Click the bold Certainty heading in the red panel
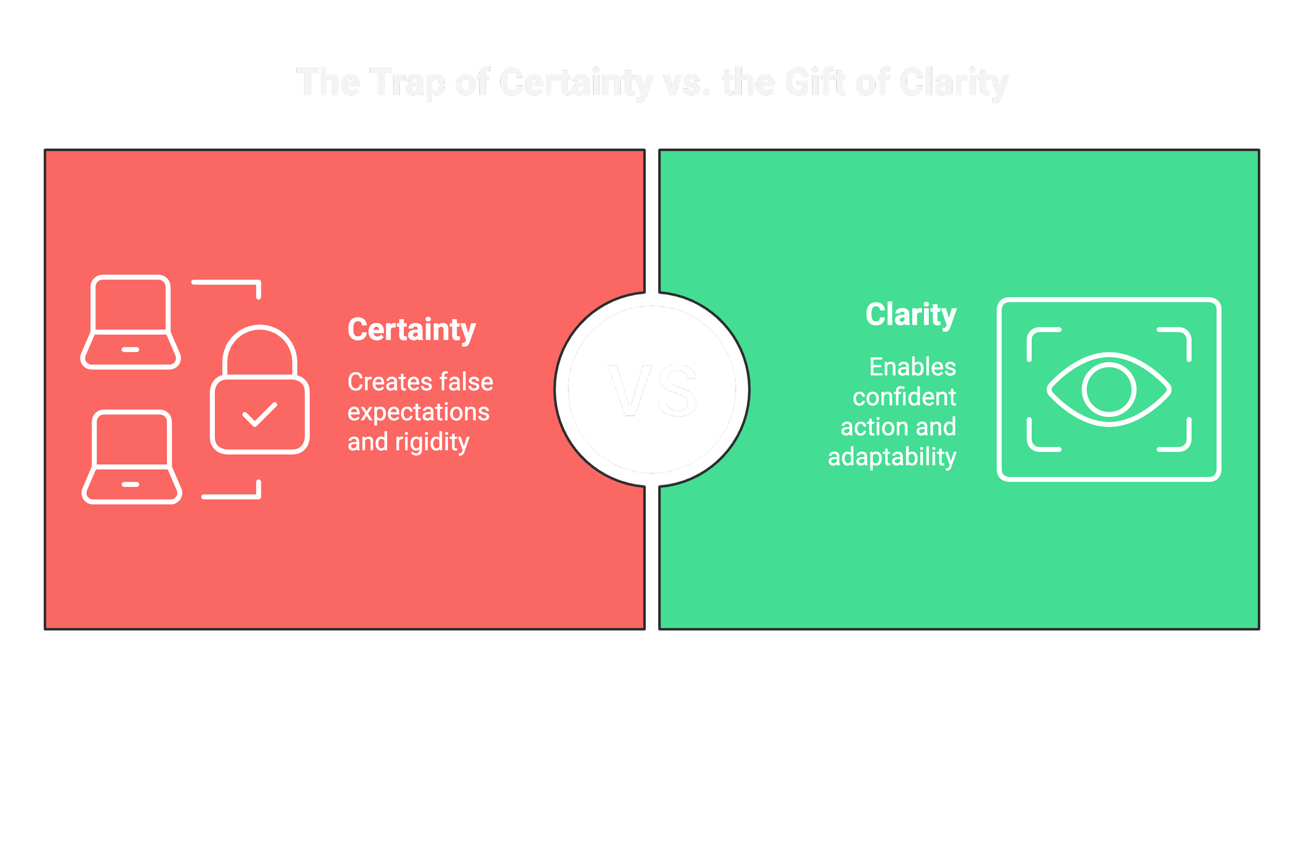pyautogui.click(x=412, y=330)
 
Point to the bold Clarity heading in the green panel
pyautogui.click(x=911, y=315)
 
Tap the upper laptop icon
pyautogui.click(x=130, y=322)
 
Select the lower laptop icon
pyautogui.click(x=131, y=457)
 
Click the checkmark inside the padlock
pyautogui.click(x=259, y=414)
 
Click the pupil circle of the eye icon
pyautogui.click(x=1109, y=389)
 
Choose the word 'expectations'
pyautogui.click(x=418, y=412)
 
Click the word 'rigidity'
pyautogui.click(x=432, y=442)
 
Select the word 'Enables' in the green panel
pyautogui.click(x=912, y=367)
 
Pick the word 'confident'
pyautogui.click(x=904, y=397)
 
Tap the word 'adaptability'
pyautogui.click(x=891, y=457)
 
